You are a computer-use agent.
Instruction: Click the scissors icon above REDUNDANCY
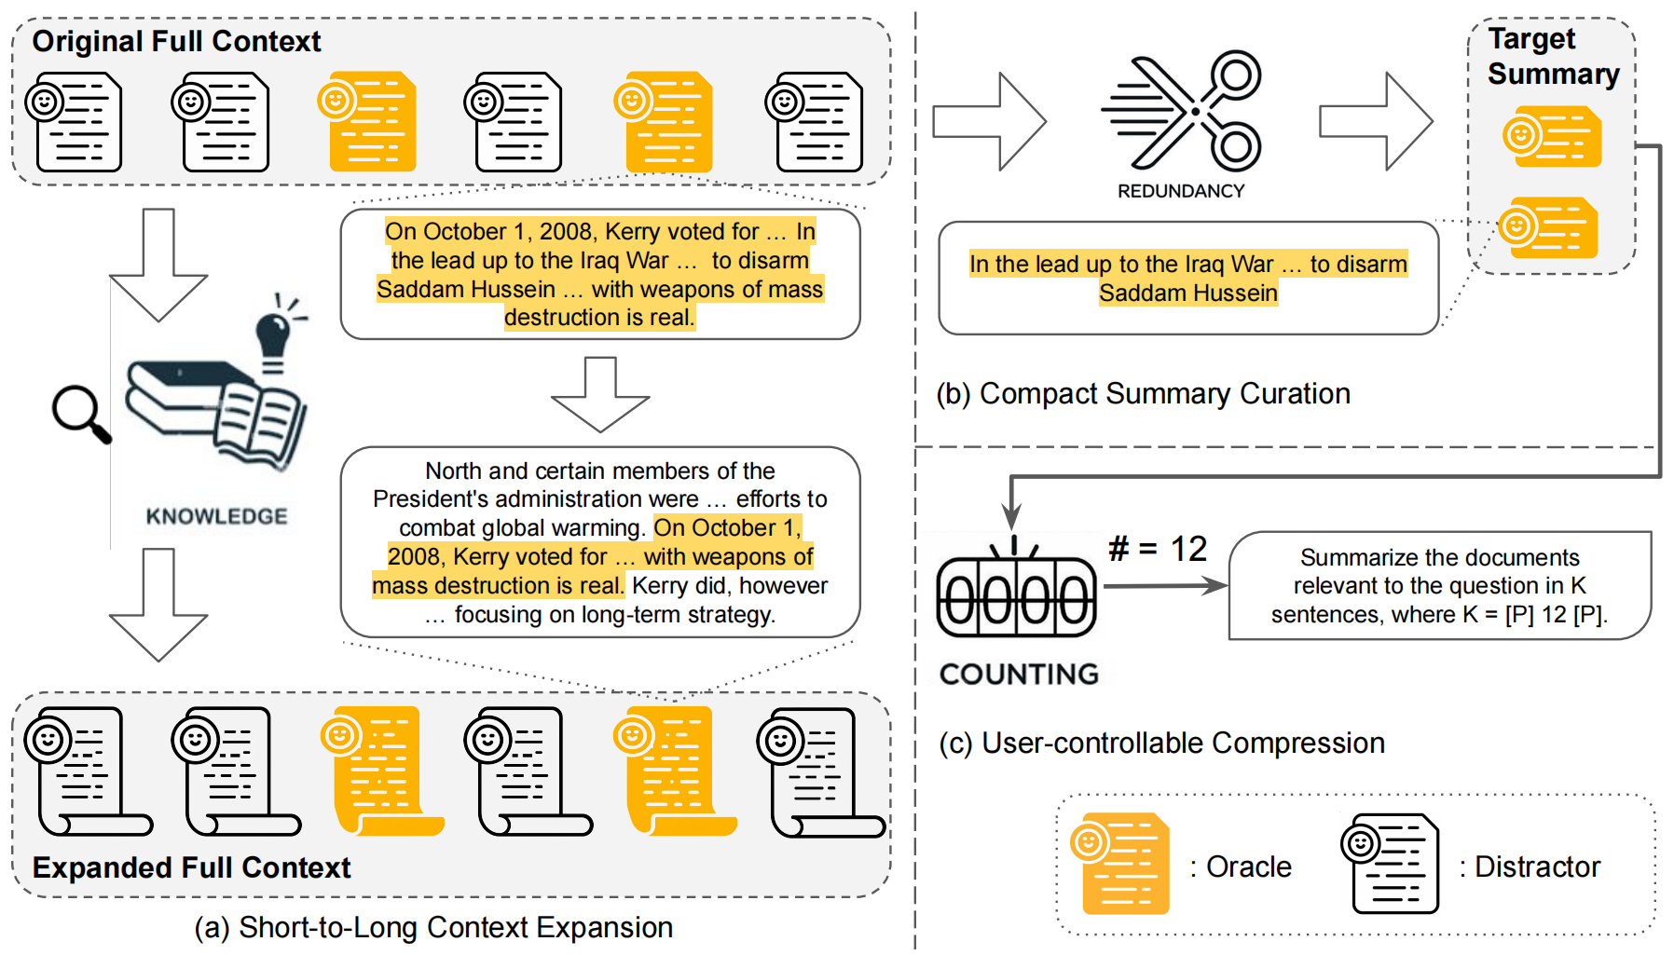point(1182,112)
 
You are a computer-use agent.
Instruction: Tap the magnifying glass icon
point(80,413)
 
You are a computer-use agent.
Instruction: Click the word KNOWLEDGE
point(216,516)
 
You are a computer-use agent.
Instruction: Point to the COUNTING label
point(1019,674)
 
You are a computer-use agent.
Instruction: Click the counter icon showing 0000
point(1016,597)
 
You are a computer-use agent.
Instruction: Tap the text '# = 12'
point(1158,549)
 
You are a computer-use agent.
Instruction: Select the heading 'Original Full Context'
point(176,41)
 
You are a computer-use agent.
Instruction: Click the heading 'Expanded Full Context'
point(191,867)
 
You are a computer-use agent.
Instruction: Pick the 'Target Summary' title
point(1552,56)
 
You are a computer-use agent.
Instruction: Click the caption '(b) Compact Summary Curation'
point(1143,393)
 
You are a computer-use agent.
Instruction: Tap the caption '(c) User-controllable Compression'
point(1161,743)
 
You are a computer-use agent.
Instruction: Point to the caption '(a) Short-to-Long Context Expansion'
point(433,927)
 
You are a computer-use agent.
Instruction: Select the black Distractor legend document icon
point(1390,864)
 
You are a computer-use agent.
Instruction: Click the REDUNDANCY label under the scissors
point(1181,191)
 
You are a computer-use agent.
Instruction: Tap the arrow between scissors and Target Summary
point(1375,121)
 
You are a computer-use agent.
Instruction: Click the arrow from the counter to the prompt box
point(1165,586)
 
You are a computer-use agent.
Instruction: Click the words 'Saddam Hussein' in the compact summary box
point(1187,293)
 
